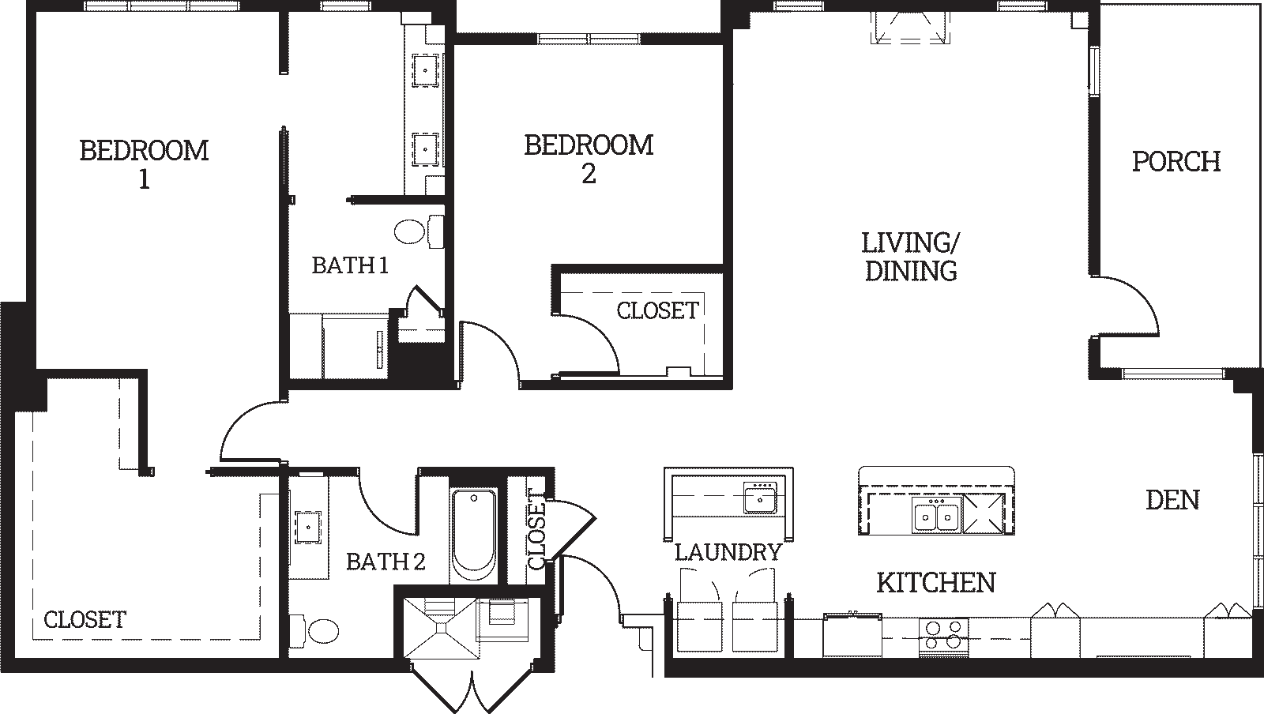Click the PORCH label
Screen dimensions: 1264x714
1176,162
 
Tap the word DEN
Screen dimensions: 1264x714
1172,500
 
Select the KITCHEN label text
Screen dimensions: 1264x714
936,583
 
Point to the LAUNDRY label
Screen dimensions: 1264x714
728,552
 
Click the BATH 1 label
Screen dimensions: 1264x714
351,265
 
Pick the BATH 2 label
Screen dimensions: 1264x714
386,562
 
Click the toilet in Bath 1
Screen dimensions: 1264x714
418,231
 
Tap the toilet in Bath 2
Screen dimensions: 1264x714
315,629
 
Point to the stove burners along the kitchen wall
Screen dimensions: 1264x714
943,636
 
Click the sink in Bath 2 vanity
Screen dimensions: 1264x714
308,528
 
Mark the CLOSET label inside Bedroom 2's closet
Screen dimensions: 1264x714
657,310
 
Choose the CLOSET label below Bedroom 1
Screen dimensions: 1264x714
85,620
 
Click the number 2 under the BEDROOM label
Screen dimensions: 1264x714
589,174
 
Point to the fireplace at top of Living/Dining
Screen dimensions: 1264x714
909,28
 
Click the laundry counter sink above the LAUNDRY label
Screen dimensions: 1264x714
760,498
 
